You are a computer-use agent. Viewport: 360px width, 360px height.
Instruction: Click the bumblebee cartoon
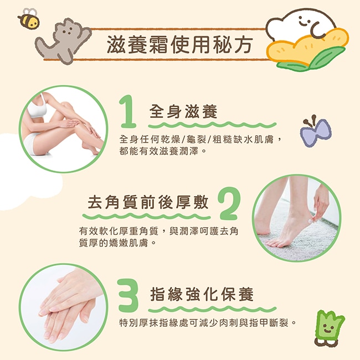point(29,19)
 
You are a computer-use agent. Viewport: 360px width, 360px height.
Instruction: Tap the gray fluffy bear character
point(63,40)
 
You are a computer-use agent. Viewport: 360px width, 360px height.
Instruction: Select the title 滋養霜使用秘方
point(180,44)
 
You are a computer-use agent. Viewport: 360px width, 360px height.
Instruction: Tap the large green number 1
point(128,111)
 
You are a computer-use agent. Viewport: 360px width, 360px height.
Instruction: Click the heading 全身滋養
point(183,111)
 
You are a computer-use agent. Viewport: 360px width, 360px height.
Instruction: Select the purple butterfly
point(316,131)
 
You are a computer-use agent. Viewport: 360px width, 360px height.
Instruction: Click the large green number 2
point(229,203)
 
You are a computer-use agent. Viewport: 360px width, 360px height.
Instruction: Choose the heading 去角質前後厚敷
point(148,202)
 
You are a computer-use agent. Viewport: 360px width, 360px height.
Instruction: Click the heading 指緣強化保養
point(202,294)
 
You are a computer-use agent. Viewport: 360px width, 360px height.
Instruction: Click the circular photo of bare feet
point(296,218)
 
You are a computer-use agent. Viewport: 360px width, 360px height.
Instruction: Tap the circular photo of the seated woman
point(63,129)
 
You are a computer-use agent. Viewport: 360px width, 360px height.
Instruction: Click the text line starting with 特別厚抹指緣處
point(207,322)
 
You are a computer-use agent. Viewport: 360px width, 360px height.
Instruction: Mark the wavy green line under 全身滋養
point(212,125)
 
